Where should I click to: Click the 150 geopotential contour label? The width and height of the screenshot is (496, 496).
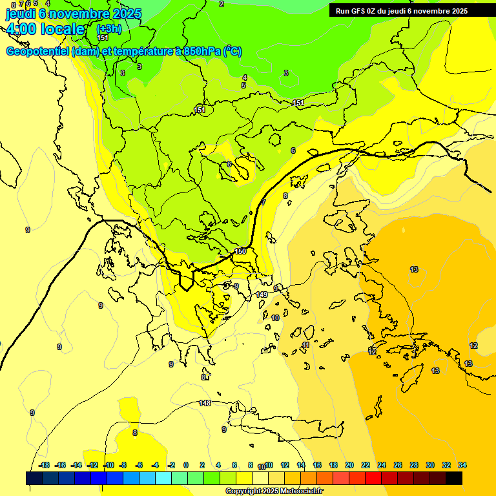(x=240, y=251)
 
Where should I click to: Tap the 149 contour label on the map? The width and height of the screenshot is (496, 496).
(x=262, y=294)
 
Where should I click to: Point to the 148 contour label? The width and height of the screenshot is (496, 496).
(x=205, y=403)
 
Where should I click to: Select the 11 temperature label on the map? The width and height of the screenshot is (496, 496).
(x=305, y=346)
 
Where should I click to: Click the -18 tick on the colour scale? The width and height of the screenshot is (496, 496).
(x=44, y=465)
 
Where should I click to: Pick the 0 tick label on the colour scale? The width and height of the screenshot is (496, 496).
(x=185, y=465)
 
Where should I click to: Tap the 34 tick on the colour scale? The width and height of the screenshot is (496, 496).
(x=462, y=465)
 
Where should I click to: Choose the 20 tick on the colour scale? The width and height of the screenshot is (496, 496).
(x=349, y=465)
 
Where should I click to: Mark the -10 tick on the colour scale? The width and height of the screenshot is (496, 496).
(x=108, y=465)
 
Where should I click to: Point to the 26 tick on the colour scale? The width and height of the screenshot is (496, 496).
(x=398, y=465)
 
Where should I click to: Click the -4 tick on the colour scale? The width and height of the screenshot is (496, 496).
(x=155, y=465)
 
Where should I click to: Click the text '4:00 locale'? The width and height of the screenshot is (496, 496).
(x=46, y=29)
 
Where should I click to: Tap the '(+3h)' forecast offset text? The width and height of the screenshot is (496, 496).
(x=108, y=29)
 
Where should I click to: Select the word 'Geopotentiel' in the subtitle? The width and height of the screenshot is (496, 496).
(x=37, y=52)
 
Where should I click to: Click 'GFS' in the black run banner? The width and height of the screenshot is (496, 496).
(x=359, y=11)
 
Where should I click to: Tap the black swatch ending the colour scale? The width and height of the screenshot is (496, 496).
(x=454, y=478)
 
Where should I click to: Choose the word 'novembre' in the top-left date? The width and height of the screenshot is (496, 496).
(x=80, y=14)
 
